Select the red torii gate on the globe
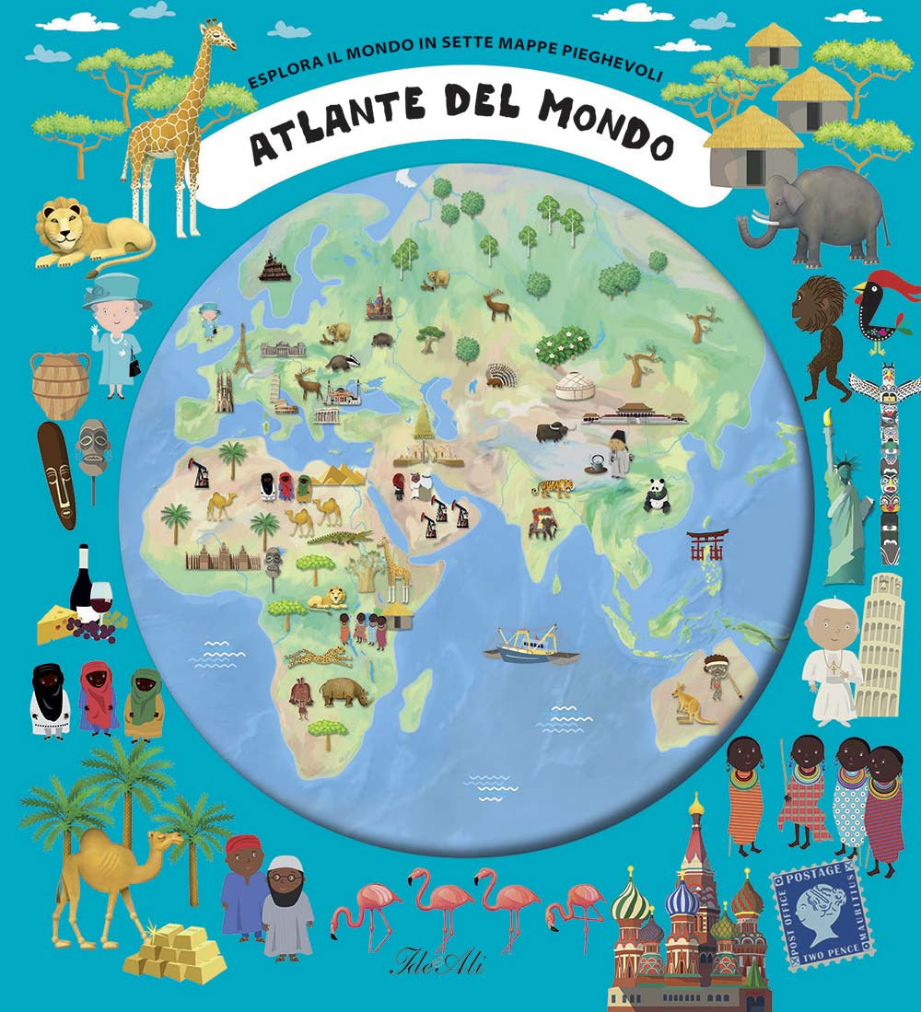click(x=707, y=544)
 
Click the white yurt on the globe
click(x=572, y=385)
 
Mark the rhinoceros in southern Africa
click(x=345, y=692)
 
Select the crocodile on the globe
click(x=337, y=537)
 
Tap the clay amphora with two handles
click(x=60, y=384)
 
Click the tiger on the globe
click(x=552, y=487)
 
